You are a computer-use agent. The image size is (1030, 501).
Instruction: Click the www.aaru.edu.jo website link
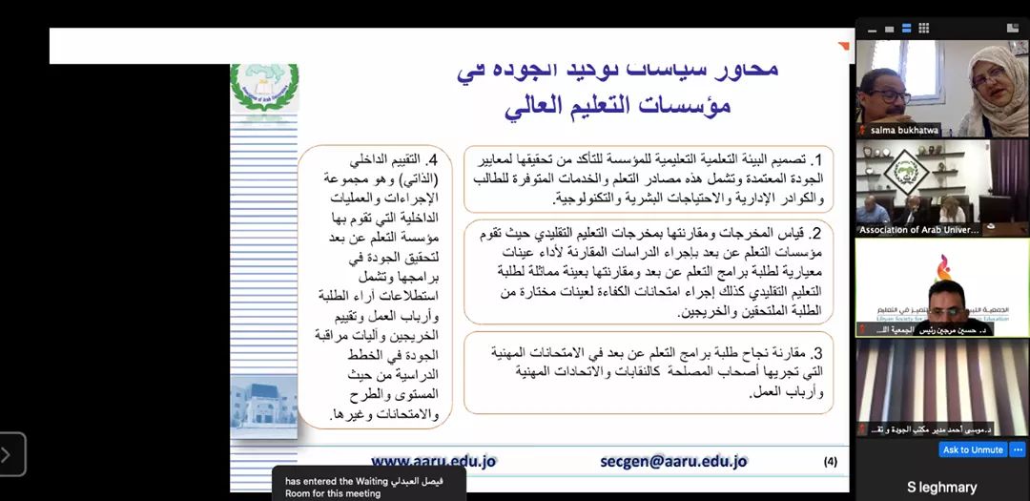[x=434, y=461]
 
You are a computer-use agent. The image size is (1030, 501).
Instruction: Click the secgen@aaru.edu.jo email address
[x=673, y=461]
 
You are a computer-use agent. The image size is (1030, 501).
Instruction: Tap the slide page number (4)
[x=830, y=462]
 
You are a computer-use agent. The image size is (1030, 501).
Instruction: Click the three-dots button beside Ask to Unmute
[x=1018, y=449]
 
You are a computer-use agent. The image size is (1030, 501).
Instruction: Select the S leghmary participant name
[x=942, y=487]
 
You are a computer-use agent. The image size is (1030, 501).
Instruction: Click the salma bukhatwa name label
[x=900, y=130]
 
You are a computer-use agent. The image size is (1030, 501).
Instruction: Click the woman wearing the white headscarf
[x=992, y=91]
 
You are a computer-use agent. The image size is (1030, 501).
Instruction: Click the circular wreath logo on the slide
[x=264, y=87]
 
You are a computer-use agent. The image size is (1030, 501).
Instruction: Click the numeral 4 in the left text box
[x=432, y=159]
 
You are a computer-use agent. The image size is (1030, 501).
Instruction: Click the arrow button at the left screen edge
[x=12, y=454]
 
